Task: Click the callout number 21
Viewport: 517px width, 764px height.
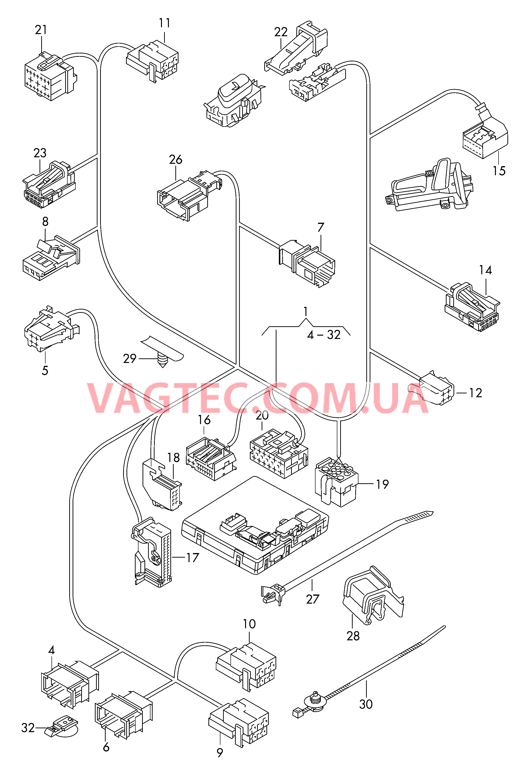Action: point(41,30)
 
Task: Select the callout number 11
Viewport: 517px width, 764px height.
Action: point(165,23)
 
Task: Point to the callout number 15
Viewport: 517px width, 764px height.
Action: point(499,171)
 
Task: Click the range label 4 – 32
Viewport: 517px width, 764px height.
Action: point(324,335)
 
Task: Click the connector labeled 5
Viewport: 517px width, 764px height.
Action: point(49,329)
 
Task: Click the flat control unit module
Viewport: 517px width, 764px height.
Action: point(255,526)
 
